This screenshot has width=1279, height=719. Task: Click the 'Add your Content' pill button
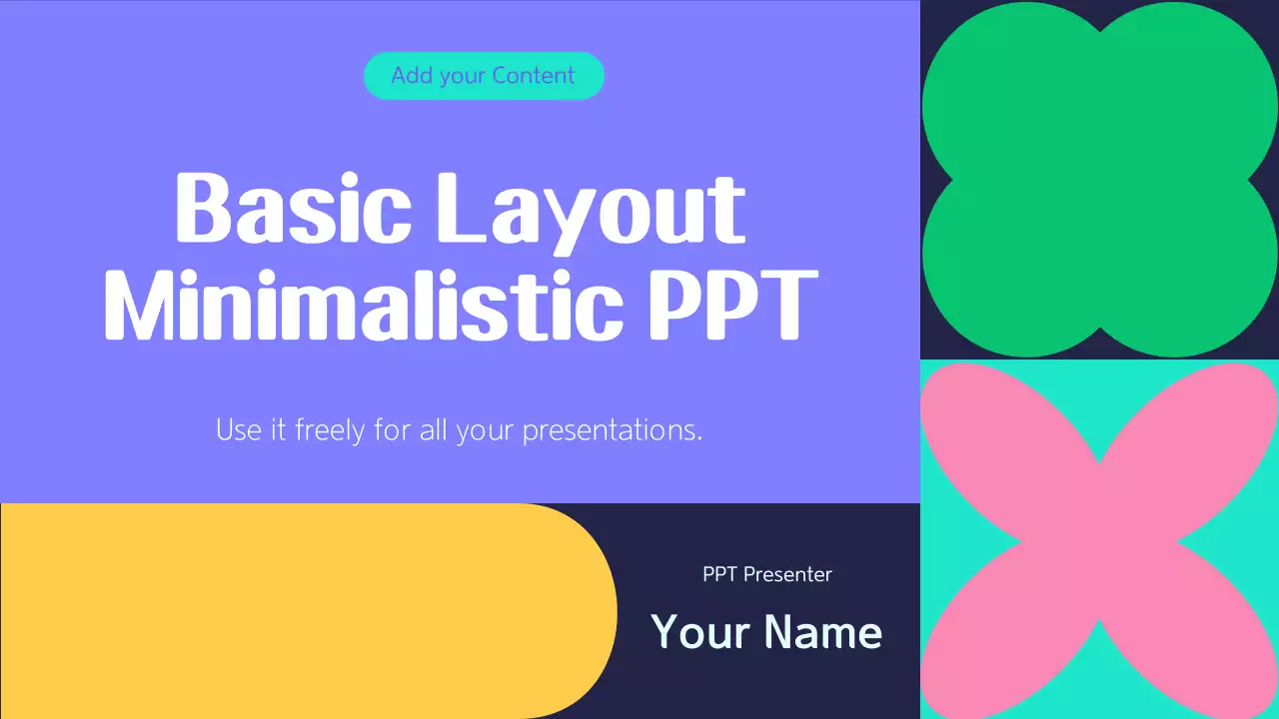click(484, 76)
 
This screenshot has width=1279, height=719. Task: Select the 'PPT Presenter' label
click(766, 574)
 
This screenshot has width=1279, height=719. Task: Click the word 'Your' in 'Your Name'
click(699, 632)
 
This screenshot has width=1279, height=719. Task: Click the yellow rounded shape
click(300, 610)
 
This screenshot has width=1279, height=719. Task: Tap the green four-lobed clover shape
click(1099, 180)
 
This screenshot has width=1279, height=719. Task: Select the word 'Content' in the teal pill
click(534, 76)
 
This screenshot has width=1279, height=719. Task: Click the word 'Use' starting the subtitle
click(235, 431)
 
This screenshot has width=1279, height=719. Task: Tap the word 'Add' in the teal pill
click(411, 76)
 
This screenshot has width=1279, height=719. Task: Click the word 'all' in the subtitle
click(432, 431)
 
